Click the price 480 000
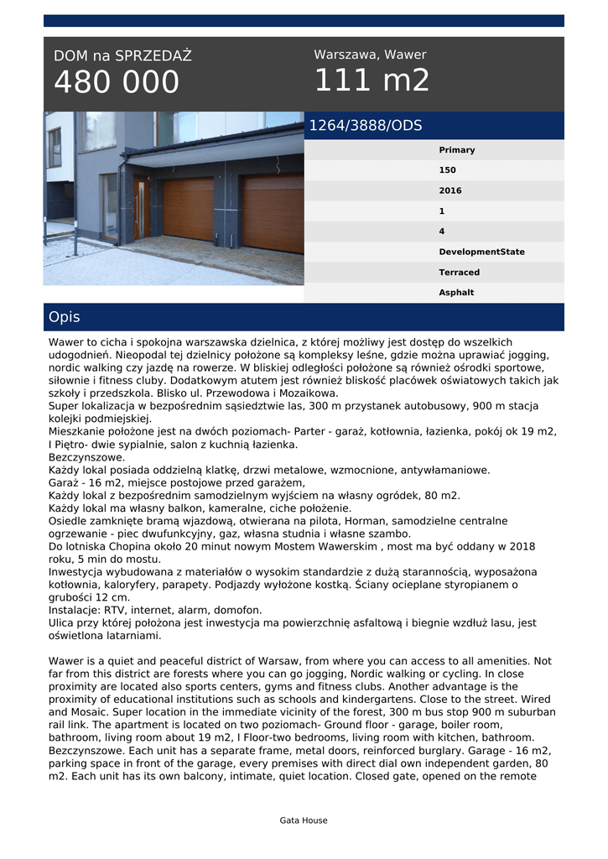coord(117,82)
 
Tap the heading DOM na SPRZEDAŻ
coord(122,56)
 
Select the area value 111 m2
coord(372,81)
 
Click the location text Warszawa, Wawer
coord(370,55)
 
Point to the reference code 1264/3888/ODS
coord(366,126)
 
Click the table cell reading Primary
coord(456,150)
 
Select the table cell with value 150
coord(447,170)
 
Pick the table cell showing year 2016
coord(450,190)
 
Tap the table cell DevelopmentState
coord(481,252)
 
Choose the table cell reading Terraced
coord(459,273)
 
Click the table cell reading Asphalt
coord(456,293)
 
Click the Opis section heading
coord(65,317)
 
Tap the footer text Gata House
coord(304,820)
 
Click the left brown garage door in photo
coord(188,209)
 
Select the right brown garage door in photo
coord(272,213)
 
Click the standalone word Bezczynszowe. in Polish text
coord(86,457)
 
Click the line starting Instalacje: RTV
coord(155,610)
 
